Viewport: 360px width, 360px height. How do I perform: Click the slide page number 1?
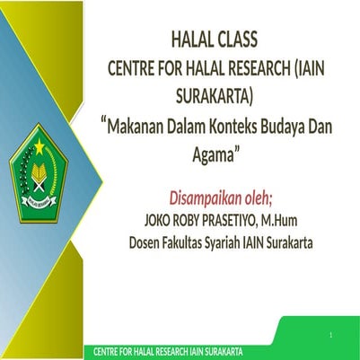click(330, 336)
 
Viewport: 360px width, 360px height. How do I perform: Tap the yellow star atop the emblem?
click(39, 143)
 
